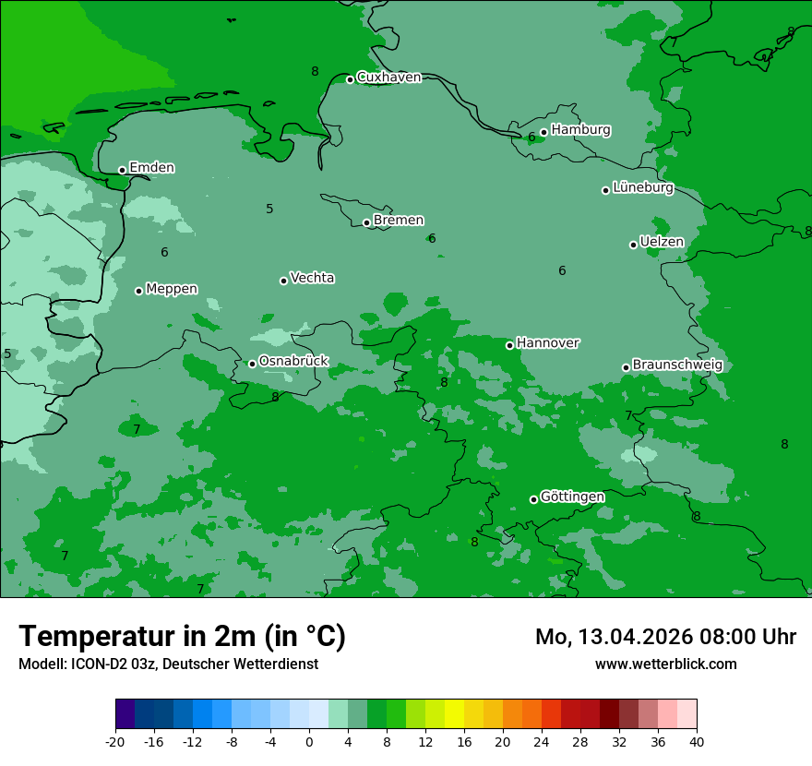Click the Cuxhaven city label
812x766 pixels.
(388, 78)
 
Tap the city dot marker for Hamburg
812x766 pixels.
(543, 132)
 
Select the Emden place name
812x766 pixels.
(151, 168)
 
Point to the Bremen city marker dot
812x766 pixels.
(366, 222)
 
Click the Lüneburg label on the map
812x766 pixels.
(643, 188)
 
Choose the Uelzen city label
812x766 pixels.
(662, 243)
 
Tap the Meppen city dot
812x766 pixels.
(138, 291)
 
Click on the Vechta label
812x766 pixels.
(312, 278)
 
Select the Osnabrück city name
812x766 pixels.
(293, 362)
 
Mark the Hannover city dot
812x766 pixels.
(509, 345)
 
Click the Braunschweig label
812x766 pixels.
(677, 365)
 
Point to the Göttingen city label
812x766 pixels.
(572, 497)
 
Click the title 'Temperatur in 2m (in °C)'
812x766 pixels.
(182, 637)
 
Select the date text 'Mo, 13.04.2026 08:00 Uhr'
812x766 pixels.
(665, 637)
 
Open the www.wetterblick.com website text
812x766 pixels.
(665, 664)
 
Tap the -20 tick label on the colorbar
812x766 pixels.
(115, 742)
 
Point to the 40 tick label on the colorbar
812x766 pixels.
(697, 742)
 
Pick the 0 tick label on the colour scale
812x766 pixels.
(309, 742)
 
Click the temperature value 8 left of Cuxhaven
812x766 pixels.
(315, 71)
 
